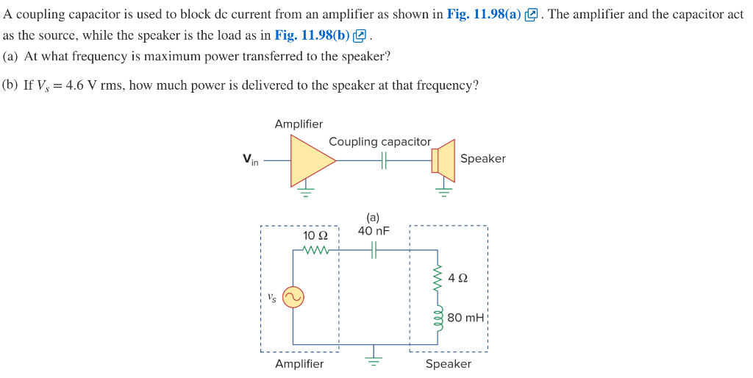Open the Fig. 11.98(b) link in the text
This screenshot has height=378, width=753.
coord(312,35)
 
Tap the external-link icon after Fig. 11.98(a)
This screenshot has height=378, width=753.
coord(532,15)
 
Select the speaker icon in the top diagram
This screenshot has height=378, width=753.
coord(443,159)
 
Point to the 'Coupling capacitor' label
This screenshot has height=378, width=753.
coord(379,141)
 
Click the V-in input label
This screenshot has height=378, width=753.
coord(251,160)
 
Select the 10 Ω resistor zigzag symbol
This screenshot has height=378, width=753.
coord(315,251)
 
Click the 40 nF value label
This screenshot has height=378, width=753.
coord(374,231)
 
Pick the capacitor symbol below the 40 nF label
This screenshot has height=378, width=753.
coord(374,251)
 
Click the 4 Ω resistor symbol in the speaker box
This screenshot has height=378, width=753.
coord(439,278)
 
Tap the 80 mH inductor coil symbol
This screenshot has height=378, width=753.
coord(439,318)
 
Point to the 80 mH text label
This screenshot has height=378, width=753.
coord(465,318)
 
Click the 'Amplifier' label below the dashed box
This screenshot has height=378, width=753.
coord(299,364)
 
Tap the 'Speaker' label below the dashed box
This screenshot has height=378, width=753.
coord(448,364)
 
